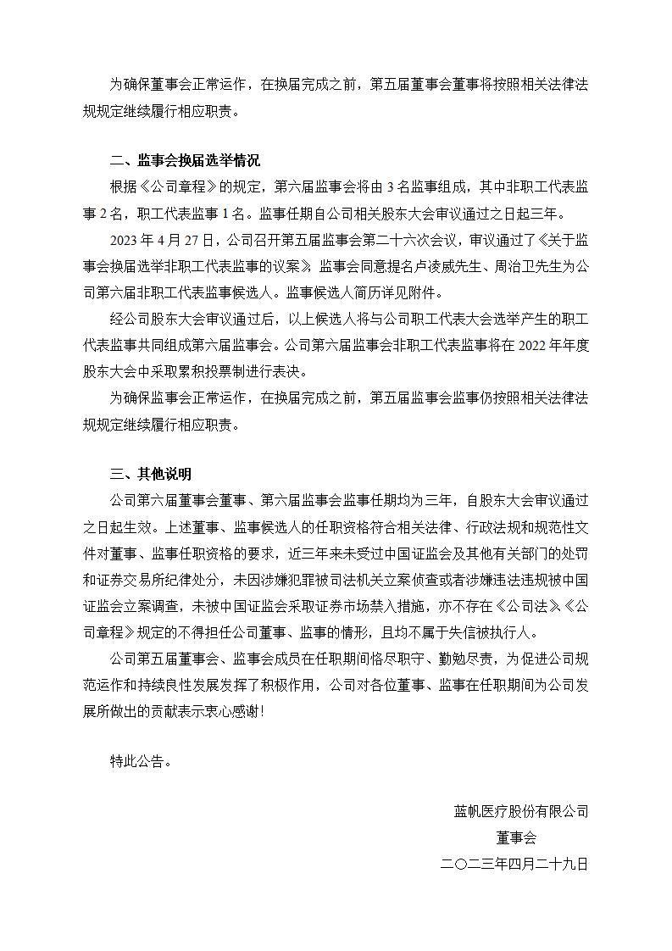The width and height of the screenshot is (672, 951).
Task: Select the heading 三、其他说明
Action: coord(151,473)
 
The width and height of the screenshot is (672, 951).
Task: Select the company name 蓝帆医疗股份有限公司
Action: coord(521,812)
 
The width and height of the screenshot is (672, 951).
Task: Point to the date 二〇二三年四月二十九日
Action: coord(515,865)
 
